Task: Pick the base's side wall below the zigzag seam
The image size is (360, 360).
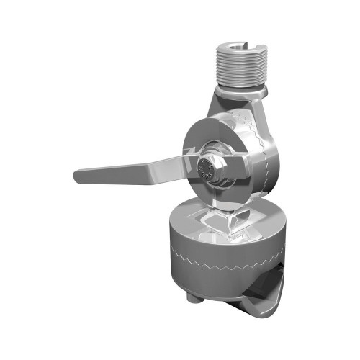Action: [216, 281]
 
